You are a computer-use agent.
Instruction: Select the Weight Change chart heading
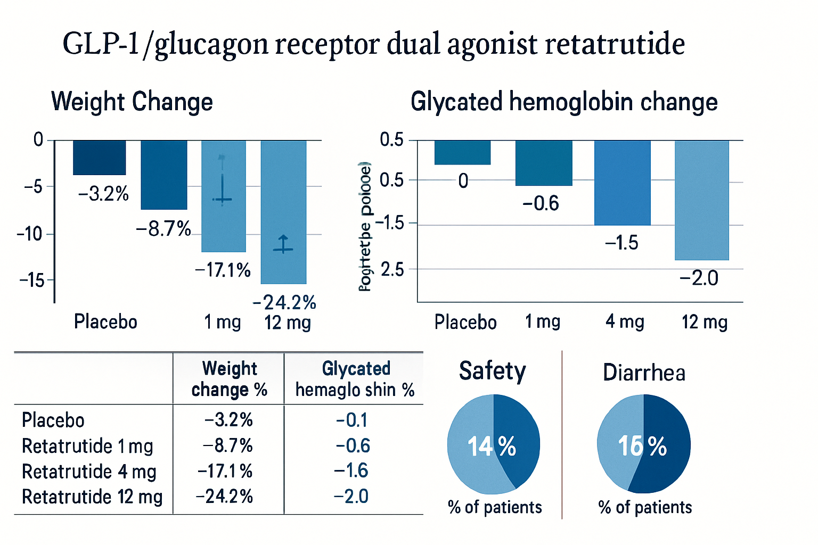pos(132,101)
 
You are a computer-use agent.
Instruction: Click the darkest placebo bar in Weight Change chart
pos(100,158)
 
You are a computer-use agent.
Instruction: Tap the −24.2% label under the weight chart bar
pos(284,302)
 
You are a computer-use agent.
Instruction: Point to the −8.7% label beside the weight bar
pos(163,229)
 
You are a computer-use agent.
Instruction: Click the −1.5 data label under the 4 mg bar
pos(621,243)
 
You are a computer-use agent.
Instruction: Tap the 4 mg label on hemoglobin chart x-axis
pos(625,321)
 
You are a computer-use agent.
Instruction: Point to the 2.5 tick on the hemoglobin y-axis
pos(392,269)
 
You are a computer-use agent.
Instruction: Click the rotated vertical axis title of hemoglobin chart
pos(365,226)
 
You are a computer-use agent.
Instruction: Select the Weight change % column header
pos(229,379)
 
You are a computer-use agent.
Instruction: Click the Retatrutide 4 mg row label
pos(89,472)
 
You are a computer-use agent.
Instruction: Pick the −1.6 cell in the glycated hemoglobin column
pos(351,470)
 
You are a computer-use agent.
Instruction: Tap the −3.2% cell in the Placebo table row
pos(228,420)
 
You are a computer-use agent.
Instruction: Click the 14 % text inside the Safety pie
pos(492,446)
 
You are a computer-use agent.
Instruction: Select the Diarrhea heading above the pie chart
pos(644,373)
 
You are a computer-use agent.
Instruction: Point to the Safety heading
pos(492,371)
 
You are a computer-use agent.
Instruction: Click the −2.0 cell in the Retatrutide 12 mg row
pos(351,496)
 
